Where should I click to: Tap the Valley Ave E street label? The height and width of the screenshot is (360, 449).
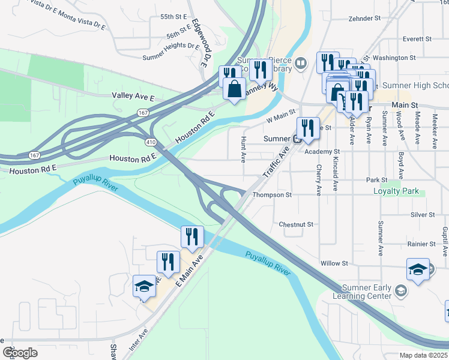[x=133, y=96]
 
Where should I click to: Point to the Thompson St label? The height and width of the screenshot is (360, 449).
[x=271, y=195]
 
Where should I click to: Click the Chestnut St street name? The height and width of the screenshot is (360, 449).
[x=297, y=224]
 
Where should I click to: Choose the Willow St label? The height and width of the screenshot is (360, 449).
[x=334, y=263]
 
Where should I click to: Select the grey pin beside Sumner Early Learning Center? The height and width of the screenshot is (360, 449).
[x=401, y=292]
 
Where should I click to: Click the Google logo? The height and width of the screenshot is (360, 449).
[x=20, y=353]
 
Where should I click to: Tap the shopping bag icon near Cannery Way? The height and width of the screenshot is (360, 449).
[x=234, y=90]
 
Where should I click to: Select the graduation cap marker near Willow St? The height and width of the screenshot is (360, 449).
[x=418, y=269]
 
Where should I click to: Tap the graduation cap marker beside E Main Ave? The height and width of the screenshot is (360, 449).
[x=145, y=287]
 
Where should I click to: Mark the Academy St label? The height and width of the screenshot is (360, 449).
[x=322, y=152]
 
